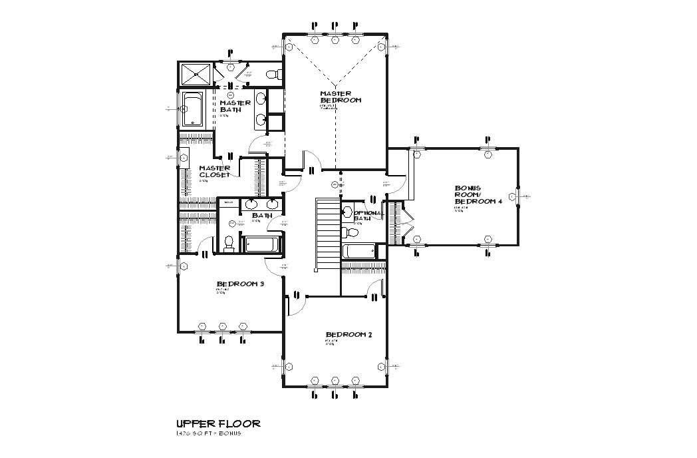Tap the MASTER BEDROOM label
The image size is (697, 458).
pyautogui.click(x=340, y=97)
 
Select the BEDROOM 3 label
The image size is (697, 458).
pyautogui.click(x=240, y=284)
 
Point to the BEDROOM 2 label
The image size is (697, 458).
pyautogui.click(x=348, y=334)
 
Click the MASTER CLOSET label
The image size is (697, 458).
pyautogui.click(x=214, y=171)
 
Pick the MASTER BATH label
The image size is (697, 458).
pyautogui.click(x=235, y=106)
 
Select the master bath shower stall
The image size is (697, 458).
pyautogui.click(x=196, y=74)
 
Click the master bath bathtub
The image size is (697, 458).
pyautogui.click(x=193, y=111)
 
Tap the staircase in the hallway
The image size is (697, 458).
pyautogui.click(x=327, y=233)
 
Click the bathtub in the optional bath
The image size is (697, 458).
pyautogui.click(x=358, y=252)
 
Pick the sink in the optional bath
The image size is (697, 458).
pyautogui.click(x=347, y=213)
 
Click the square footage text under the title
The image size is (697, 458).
pyautogui.click(x=208, y=433)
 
